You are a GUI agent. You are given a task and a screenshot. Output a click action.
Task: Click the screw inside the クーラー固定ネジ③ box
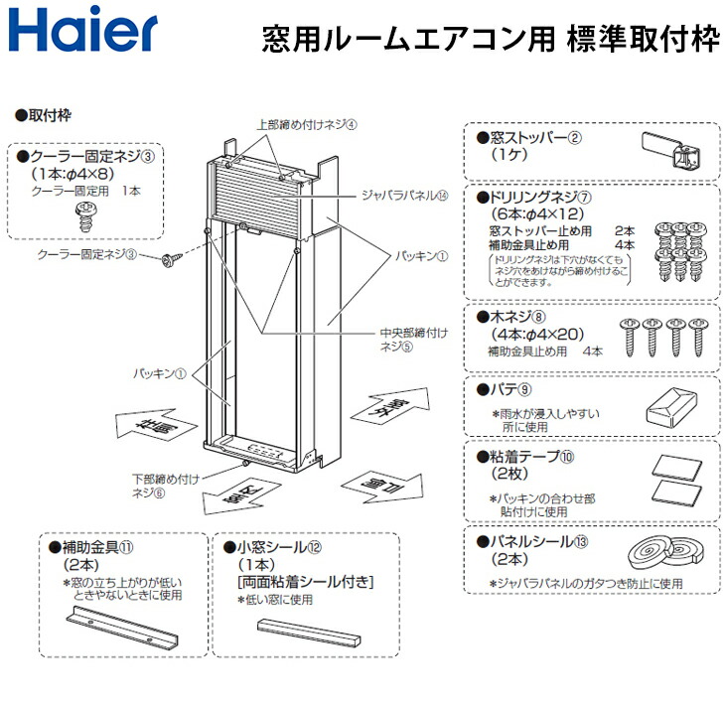[x=84, y=211]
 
